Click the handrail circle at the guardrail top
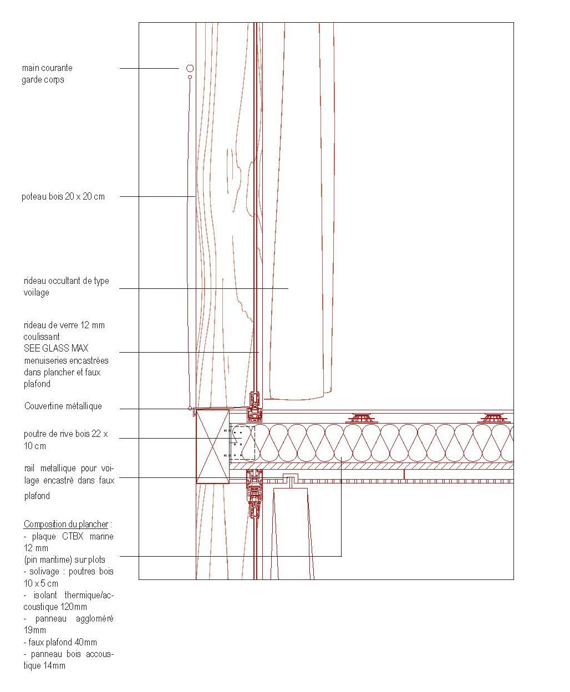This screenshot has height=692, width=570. click(x=190, y=68)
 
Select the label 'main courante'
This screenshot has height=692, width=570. click(x=47, y=68)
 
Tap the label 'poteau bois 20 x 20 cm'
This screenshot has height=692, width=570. click(x=63, y=197)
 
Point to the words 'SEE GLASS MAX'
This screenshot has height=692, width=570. click(x=56, y=348)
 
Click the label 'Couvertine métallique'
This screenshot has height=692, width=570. click(x=63, y=406)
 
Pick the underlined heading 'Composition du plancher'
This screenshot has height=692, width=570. click(x=66, y=524)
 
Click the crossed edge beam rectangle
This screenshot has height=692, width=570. click(x=213, y=446)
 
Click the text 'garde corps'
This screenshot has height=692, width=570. click(x=43, y=80)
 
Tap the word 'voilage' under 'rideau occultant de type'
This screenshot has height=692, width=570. click(x=36, y=293)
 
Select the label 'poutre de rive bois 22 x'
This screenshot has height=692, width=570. click(x=66, y=434)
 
